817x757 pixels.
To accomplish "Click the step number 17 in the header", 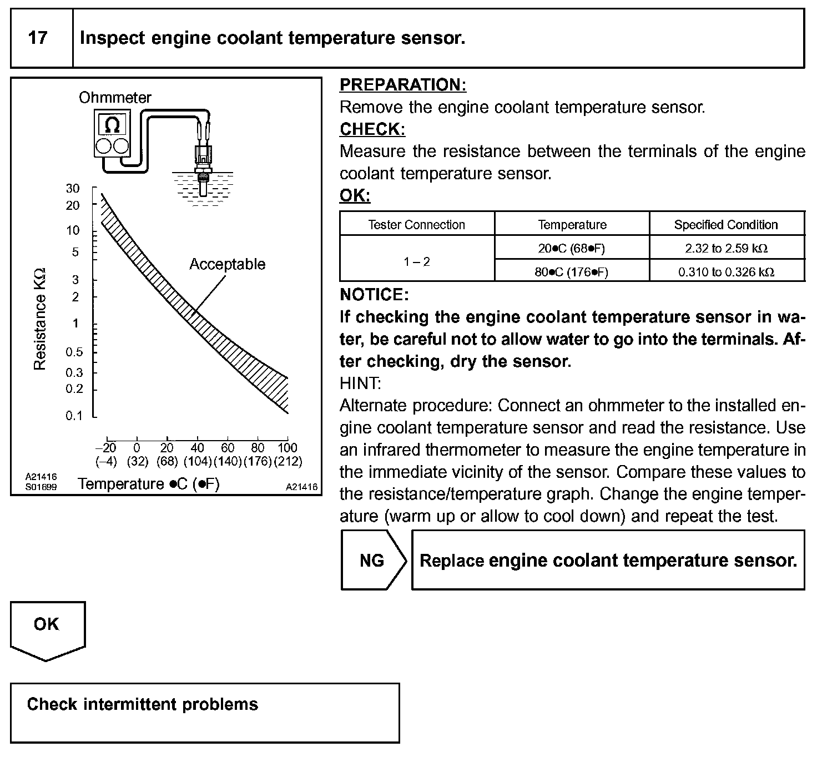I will (x=38, y=38).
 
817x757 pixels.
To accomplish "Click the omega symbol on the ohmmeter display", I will (x=112, y=125).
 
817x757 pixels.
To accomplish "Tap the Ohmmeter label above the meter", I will (x=115, y=98).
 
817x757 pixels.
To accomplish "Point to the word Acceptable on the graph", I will (x=227, y=264).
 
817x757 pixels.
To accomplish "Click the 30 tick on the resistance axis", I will (x=73, y=189).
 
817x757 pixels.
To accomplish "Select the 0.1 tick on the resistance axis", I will (x=73, y=416).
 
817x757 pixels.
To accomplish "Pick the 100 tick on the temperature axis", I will (x=287, y=448).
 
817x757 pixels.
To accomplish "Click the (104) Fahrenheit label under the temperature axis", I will (x=198, y=461).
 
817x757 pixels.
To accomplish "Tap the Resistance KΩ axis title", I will (x=39, y=319).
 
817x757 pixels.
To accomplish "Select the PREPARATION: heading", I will (x=403, y=85).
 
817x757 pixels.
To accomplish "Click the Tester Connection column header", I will (x=416, y=225).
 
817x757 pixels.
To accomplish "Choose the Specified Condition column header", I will (x=726, y=225).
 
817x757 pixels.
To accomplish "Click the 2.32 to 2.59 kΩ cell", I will (x=726, y=249).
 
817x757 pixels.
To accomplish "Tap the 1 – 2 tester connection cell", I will (x=416, y=261).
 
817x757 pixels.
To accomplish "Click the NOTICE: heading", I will (x=374, y=295).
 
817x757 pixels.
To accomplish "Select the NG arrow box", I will (x=372, y=561).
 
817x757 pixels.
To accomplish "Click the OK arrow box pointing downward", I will (x=47, y=625).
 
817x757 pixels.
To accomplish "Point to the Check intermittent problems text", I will (x=143, y=705).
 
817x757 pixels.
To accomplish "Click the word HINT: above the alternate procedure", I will (x=360, y=383).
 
